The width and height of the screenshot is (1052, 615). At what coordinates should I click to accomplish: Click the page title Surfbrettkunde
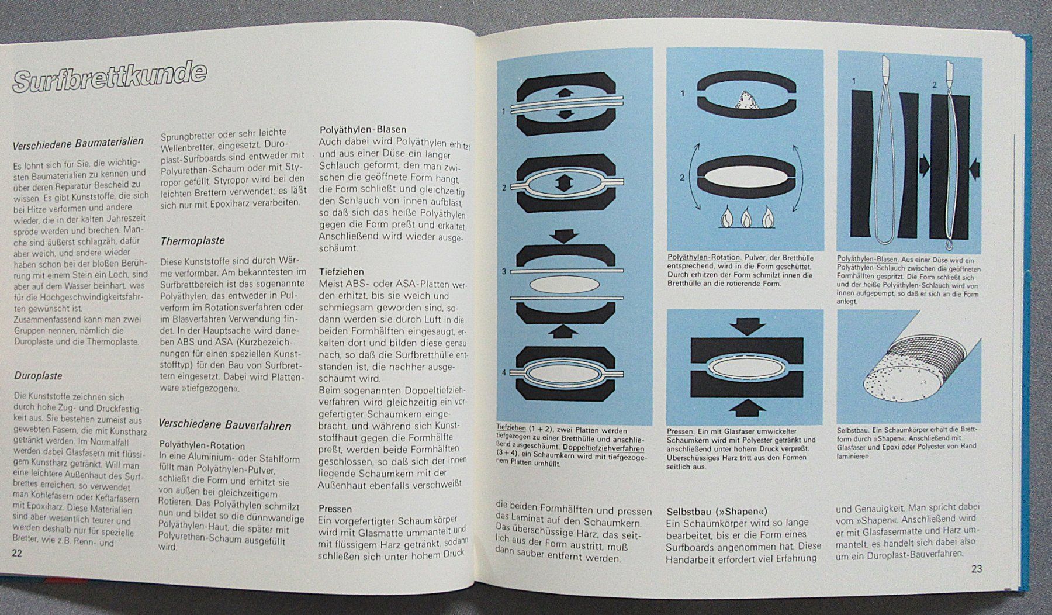pyautogui.click(x=109, y=75)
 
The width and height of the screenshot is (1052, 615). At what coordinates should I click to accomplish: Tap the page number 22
pyautogui.click(x=17, y=553)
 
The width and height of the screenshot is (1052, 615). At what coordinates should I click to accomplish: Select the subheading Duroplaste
pyautogui.click(x=38, y=375)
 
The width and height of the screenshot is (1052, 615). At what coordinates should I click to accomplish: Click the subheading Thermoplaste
pyautogui.click(x=192, y=240)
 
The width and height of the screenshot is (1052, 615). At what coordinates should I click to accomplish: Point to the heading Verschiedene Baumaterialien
pyautogui.click(x=78, y=141)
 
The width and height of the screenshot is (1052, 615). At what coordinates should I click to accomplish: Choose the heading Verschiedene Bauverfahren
pyautogui.click(x=225, y=425)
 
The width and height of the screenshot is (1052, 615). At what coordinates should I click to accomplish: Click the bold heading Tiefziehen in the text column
pyautogui.click(x=341, y=272)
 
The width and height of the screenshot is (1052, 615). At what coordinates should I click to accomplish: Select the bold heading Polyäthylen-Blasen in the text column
pyautogui.click(x=362, y=130)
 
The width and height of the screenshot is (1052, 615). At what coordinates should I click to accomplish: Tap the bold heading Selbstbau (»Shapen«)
pyautogui.click(x=717, y=512)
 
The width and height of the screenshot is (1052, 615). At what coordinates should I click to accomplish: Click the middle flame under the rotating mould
pyautogui.click(x=745, y=217)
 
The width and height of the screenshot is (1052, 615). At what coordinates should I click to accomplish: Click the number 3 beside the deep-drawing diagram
pyautogui.click(x=504, y=272)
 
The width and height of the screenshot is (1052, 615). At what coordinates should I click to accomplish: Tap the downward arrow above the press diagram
pyautogui.click(x=745, y=325)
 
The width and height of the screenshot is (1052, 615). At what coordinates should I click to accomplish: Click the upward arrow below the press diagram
pyautogui.click(x=745, y=406)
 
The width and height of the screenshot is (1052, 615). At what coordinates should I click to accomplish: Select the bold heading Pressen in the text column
pyautogui.click(x=335, y=509)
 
